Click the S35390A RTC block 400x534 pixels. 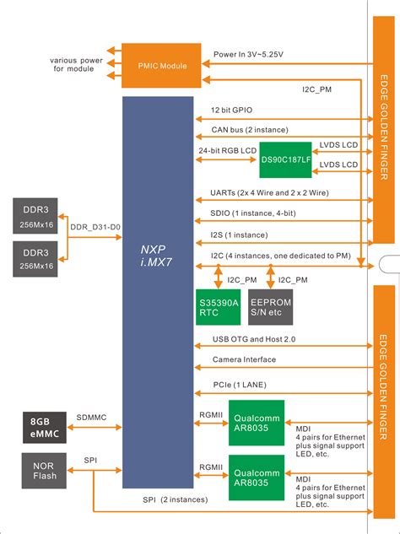[x=218, y=306]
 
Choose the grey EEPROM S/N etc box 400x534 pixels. [x=270, y=306]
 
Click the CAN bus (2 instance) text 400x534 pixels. [x=249, y=129]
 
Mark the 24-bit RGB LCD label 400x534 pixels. [x=228, y=151]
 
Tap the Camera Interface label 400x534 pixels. [x=243, y=359]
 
